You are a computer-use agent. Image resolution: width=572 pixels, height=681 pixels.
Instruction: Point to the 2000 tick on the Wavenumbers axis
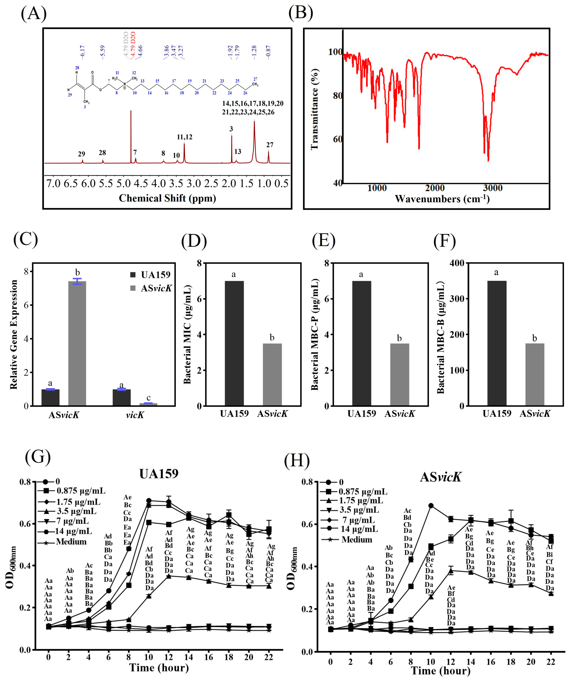coord(435,188)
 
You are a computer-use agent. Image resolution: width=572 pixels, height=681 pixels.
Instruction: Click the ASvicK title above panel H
coord(440,477)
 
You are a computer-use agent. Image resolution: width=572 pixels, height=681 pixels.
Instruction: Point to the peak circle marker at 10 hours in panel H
coord(431,506)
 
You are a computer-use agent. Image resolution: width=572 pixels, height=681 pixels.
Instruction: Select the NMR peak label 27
coord(270,145)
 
